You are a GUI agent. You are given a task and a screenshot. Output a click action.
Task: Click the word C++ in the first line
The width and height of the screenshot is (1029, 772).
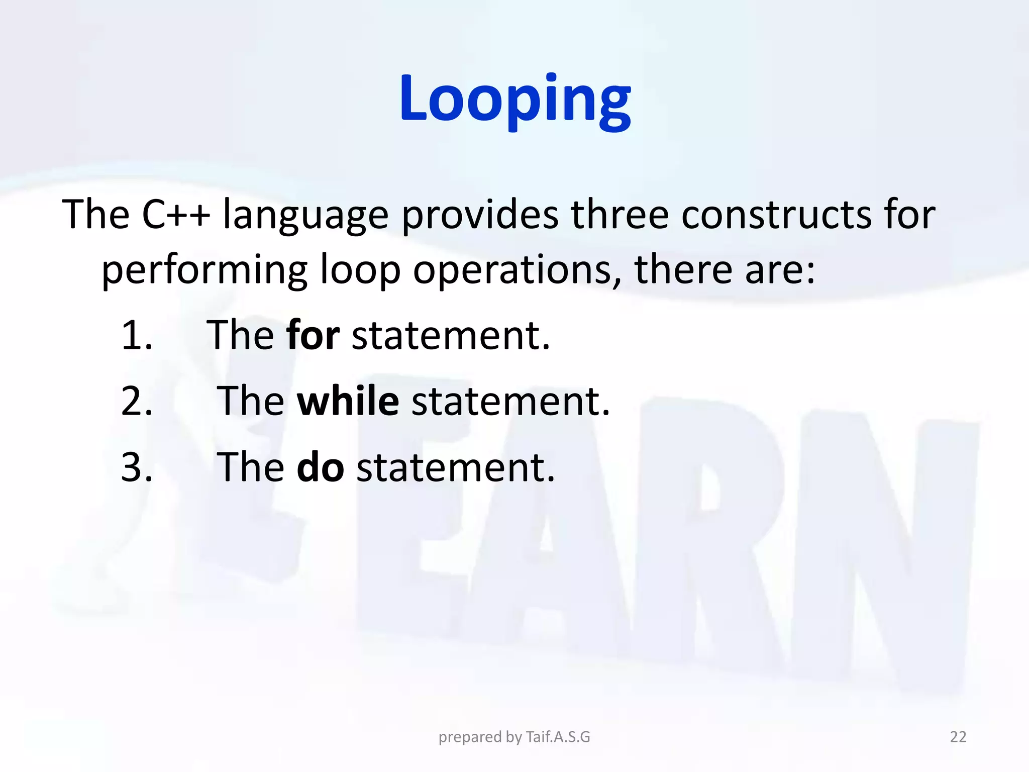[175, 215]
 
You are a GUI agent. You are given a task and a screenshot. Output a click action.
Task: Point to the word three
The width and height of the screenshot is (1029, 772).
[619, 215]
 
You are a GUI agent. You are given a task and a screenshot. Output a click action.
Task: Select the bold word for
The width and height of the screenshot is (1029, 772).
[313, 335]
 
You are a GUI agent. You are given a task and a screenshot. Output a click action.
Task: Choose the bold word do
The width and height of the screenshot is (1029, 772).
[320, 467]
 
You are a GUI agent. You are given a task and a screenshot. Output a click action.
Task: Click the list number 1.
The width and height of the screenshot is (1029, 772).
[137, 335]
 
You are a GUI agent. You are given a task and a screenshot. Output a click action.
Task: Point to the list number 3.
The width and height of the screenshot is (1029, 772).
[137, 467]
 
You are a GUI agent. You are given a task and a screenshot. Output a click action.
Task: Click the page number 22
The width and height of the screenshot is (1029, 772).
[958, 737]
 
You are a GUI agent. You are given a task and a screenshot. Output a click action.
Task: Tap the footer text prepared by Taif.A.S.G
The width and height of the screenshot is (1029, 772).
[514, 737]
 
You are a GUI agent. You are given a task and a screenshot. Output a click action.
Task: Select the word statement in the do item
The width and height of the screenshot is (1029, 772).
[455, 467]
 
